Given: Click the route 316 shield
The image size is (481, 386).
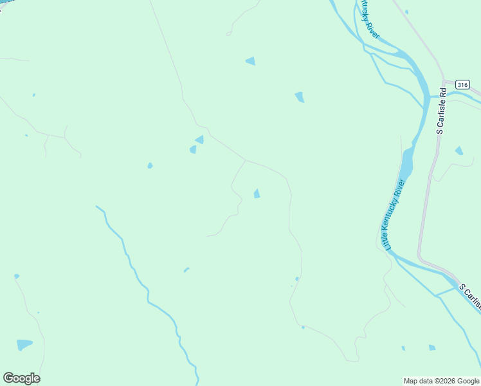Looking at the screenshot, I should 462,85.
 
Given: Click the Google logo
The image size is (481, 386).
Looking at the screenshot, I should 21,378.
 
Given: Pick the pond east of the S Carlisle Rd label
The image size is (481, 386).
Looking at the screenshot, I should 458,151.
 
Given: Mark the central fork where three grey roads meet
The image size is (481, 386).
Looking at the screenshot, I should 246,160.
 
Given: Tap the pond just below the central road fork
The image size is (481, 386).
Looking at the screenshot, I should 257,194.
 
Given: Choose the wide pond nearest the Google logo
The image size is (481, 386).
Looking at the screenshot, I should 24,344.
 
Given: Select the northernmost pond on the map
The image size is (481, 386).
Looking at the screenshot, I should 251,61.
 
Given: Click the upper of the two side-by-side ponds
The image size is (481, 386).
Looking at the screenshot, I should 200,140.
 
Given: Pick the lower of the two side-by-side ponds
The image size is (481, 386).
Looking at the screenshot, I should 193,149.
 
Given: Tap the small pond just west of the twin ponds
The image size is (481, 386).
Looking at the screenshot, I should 150,165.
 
